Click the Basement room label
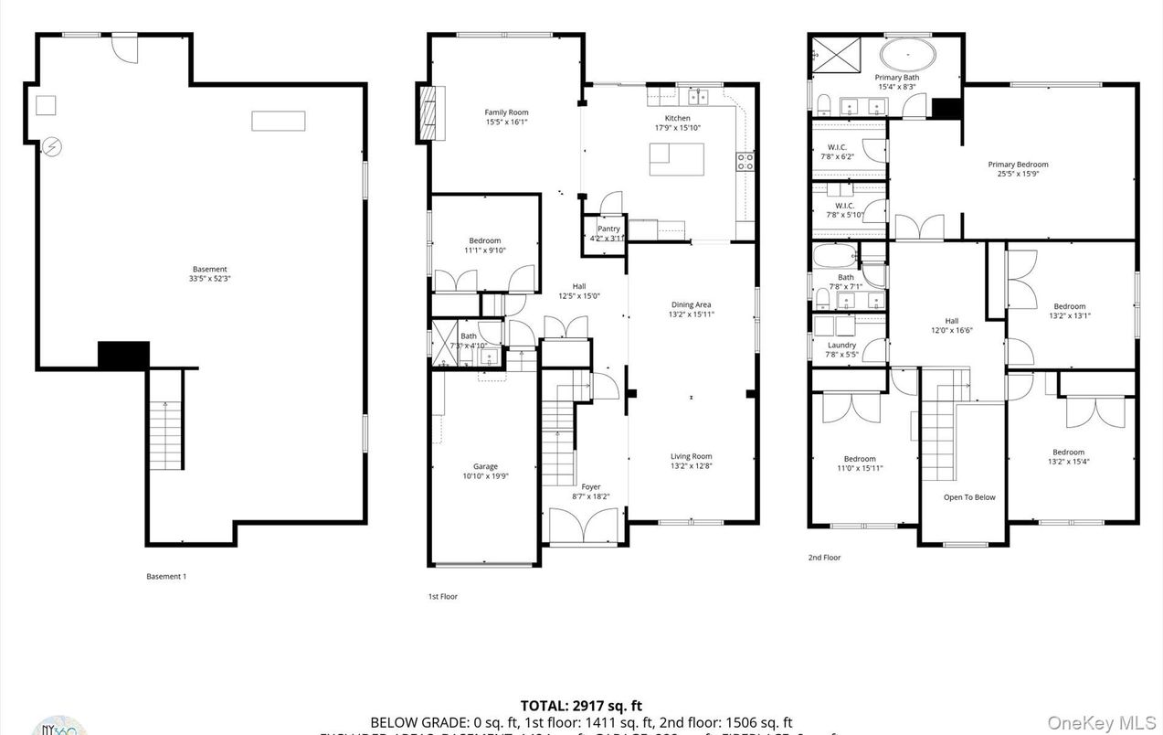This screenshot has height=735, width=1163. click(210, 269)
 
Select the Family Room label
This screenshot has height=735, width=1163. click(506, 112)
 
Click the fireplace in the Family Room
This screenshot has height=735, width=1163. click(428, 112)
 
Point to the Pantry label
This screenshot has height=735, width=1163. click(608, 229)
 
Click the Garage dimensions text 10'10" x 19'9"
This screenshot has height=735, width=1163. click(485, 476)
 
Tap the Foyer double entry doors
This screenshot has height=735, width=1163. click(585, 527)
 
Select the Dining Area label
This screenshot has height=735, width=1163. click(691, 304)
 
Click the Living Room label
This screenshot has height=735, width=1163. click(691, 456)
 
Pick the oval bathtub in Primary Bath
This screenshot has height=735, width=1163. click(908, 55)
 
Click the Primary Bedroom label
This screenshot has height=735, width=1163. click(1018, 165)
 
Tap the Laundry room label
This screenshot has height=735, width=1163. click(841, 345)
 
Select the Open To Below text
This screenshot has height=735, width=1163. click(969, 497)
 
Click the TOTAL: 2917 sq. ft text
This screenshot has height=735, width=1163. click(581, 705)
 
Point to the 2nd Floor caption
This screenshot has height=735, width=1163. click(824, 557)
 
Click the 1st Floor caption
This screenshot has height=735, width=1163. click(443, 596)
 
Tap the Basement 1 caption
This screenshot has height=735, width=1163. click(166, 576)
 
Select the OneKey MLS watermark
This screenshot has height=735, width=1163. click(1103, 722)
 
